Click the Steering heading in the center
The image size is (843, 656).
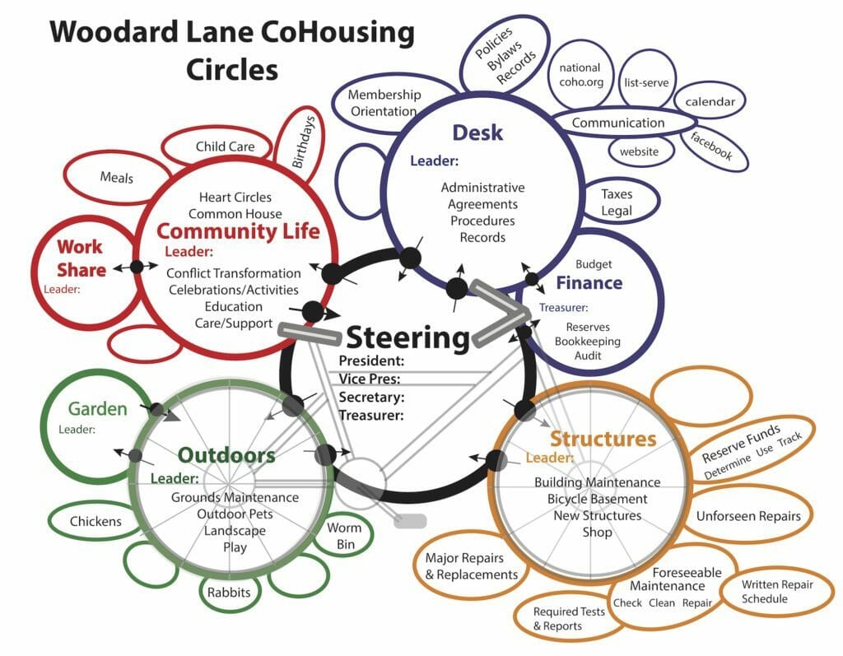pyautogui.click(x=407, y=337)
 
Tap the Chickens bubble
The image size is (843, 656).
pyautogui.click(x=95, y=521)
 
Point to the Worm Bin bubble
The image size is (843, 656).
pyautogui.click(x=344, y=536)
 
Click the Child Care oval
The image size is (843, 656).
pyautogui.click(x=225, y=147)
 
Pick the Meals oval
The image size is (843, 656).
pyautogui.click(x=116, y=177)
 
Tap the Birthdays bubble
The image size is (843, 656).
pyautogui.click(x=304, y=142)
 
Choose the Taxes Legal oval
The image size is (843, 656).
pyautogui.click(x=617, y=202)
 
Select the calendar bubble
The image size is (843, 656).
pyautogui.click(x=710, y=102)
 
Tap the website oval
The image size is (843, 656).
pyautogui.click(x=639, y=151)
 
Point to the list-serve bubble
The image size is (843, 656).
pyautogui.click(x=646, y=82)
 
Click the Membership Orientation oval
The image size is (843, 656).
pyautogui.click(x=384, y=103)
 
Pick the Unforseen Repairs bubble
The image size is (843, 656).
pyautogui.click(x=748, y=516)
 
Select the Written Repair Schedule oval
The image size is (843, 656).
pyautogui.click(x=765, y=592)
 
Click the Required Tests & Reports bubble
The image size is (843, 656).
pyautogui.click(x=569, y=619)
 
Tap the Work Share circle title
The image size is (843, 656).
pyautogui.click(x=81, y=258)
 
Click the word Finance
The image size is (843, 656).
pyautogui.click(x=589, y=283)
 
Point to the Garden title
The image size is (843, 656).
pyautogui.click(x=97, y=409)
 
